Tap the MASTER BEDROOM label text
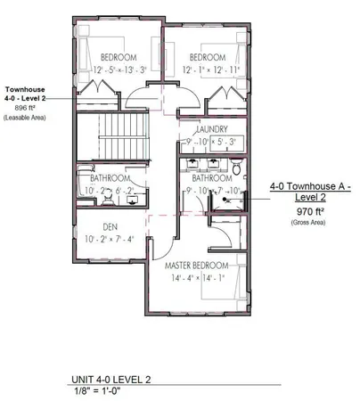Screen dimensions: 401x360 click(x=197, y=266)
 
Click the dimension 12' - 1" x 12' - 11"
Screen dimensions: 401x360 click(x=213, y=70)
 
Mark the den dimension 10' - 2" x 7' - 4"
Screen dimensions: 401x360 click(x=110, y=239)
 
